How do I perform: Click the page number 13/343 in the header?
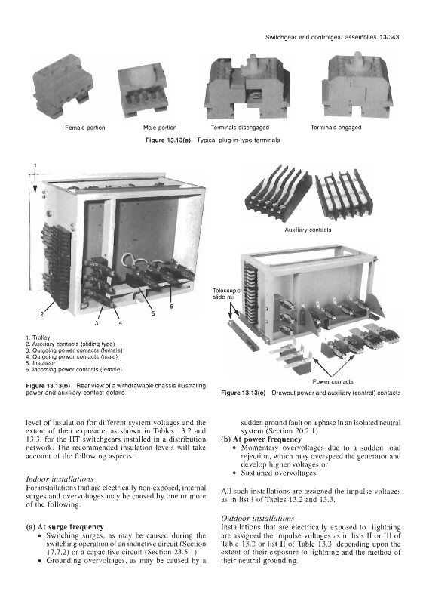click(x=389, y=37)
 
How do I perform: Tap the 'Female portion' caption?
click(x=85, y=128)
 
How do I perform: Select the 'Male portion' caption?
click(x=160, y=128)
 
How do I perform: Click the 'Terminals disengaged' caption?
click(x=240, y=128)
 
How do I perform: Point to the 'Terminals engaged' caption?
click(x=336, y=128)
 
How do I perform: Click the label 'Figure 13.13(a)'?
click(x=168, y=140)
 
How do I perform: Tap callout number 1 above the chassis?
click(x=35, y=165)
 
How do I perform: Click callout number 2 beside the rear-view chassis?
click(x=42, y=313)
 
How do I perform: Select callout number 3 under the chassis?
click(x=97, y=323)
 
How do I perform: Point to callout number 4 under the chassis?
click(x=121, y=323)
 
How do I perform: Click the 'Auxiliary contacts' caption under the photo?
click(x=308, y=230)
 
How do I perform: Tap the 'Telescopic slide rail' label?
click(x=226, y=294)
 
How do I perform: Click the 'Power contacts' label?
click(x=333, y=382)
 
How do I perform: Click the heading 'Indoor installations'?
click(x=60, y=479)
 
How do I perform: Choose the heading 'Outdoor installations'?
click(x=258, y=519)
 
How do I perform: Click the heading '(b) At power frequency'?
click(x=262, y=439)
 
